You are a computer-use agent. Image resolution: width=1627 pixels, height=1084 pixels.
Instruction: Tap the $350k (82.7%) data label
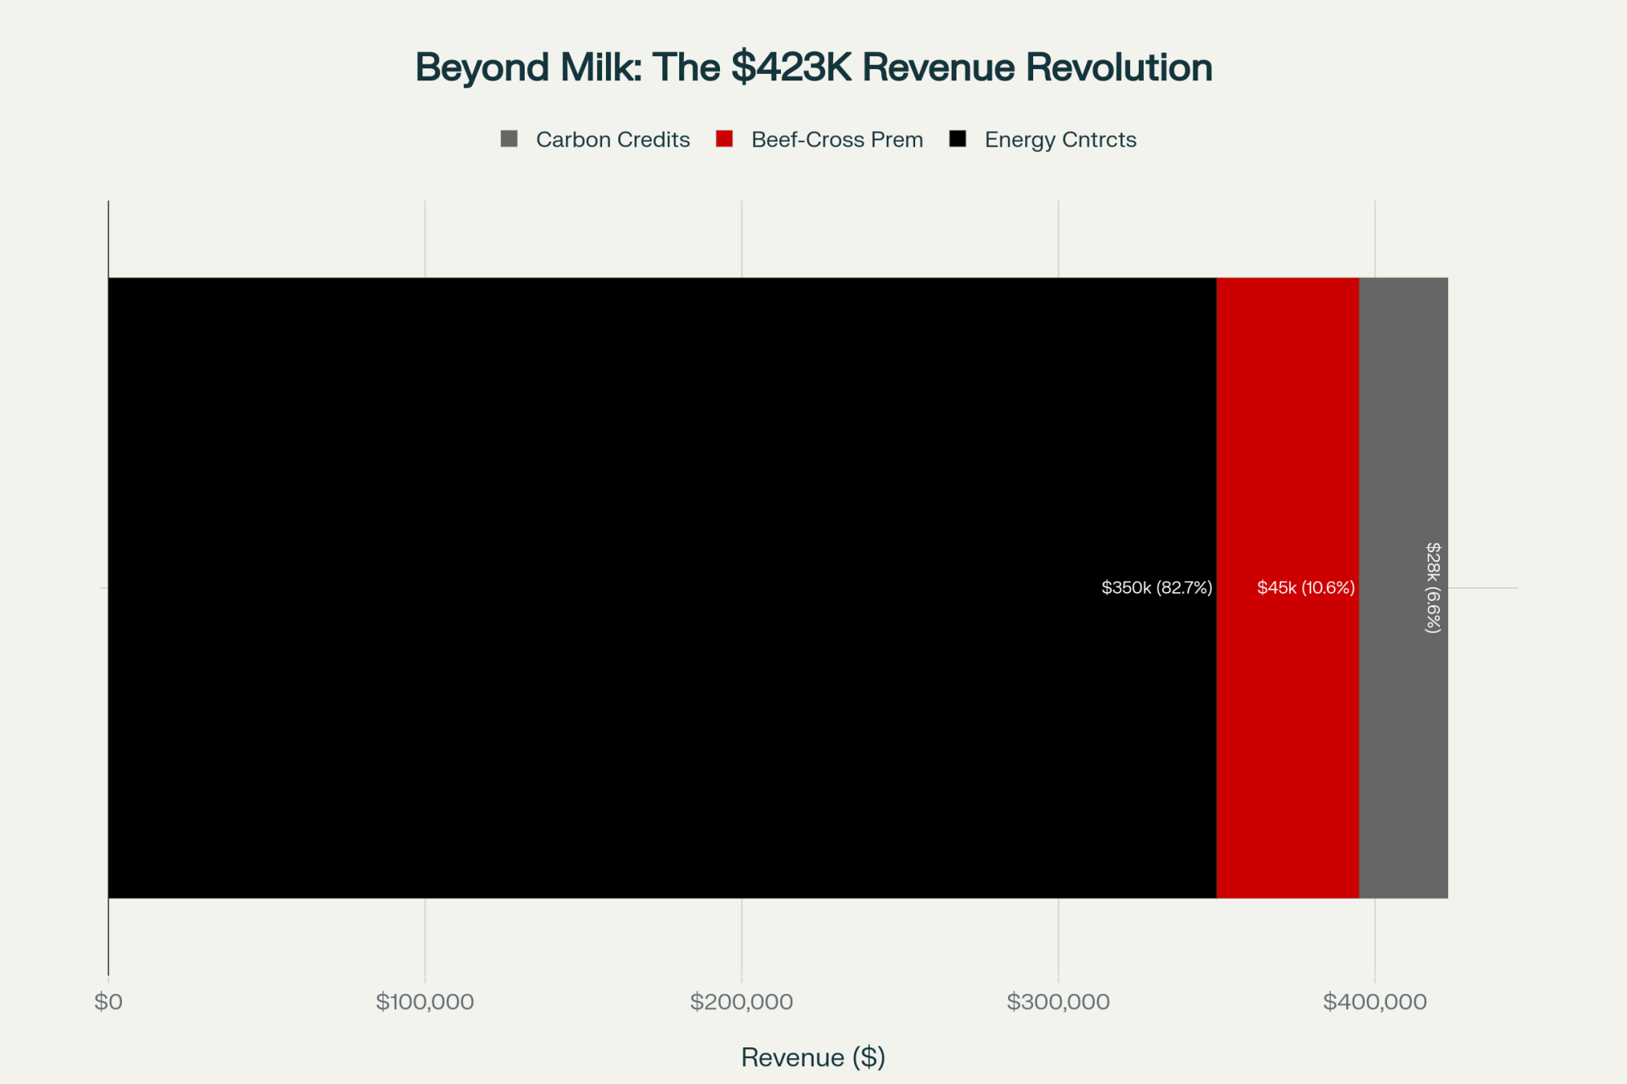pyautogui.click(x=1156, y=587)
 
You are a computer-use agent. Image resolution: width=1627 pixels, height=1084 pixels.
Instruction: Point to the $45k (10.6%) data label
pyautogui.click(x=1306, y=587)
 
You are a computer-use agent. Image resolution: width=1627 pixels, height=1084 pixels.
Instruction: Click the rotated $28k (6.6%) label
pyautogui.click(x=1433, y=587)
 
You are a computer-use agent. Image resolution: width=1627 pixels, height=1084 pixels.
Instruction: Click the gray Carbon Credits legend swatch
pyautogui.click(x=509, y=139)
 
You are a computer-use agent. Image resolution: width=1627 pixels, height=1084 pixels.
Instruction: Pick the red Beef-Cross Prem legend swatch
pyautogui.click(x=724, y=139)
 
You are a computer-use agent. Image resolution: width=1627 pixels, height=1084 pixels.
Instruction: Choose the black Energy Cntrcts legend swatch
pyautogui.click(x=957, y=139)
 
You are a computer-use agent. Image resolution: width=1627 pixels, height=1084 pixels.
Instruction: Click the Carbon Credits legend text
pyautogui.click(x=613, y=140)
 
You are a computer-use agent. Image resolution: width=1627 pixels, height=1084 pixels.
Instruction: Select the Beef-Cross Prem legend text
pyautogui.click(x=837, y=140)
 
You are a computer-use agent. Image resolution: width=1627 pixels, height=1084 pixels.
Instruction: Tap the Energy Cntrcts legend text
pyautogui.click(x=1060, y=140)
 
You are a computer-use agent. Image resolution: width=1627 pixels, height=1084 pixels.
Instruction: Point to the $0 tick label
pyautogui.click(x=108, y=1002)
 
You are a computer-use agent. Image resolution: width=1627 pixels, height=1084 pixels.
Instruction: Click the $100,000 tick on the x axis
pyautogui.click(x=425, y=1002)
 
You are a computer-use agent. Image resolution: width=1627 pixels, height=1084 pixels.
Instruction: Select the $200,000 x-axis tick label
pyautogui.click(x=741, y=1002)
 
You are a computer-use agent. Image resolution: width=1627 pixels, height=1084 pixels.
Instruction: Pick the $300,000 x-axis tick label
pyautogui.click(x=1058, y=1002)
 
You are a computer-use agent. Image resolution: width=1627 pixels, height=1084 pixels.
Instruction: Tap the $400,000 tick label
pyautogui.click(x=1375, y=1002)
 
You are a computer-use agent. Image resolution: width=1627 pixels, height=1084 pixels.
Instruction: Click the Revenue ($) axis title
pyautogui.click(x=813, y=1057)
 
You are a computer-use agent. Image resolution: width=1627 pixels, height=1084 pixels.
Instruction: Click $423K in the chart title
pyautogui.click(x=791, y=67)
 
